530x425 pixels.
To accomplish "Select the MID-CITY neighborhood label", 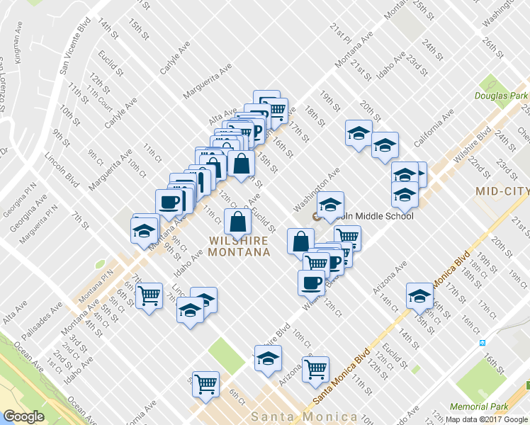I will (501, 191).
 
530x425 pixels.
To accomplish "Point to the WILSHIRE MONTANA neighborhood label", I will (239, 246).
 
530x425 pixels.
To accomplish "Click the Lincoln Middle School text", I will (369, 216).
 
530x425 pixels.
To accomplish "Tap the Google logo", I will (23, 416).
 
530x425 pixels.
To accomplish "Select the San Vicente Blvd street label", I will (74, 45).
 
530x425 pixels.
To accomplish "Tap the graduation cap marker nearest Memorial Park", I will (419, 296).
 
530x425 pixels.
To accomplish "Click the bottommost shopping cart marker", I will (206, 385).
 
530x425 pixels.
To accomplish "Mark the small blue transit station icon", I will (483, 343).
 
